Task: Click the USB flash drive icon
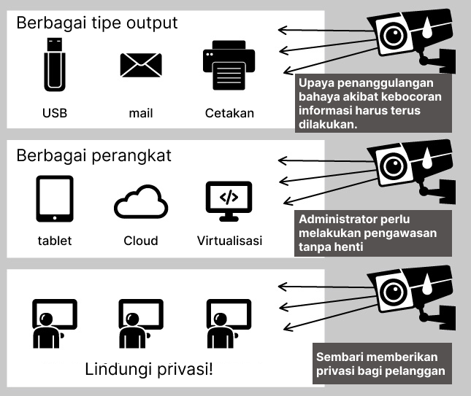55,65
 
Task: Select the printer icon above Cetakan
229,68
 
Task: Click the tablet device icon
55,198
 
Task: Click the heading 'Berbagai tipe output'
96,23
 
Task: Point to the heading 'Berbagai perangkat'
93,156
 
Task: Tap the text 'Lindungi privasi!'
149,369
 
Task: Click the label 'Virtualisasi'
229,241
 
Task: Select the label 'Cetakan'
229,113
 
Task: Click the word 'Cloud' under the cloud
141,241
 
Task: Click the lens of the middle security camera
393,165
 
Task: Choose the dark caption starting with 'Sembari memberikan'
380,364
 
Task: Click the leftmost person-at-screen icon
53,324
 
